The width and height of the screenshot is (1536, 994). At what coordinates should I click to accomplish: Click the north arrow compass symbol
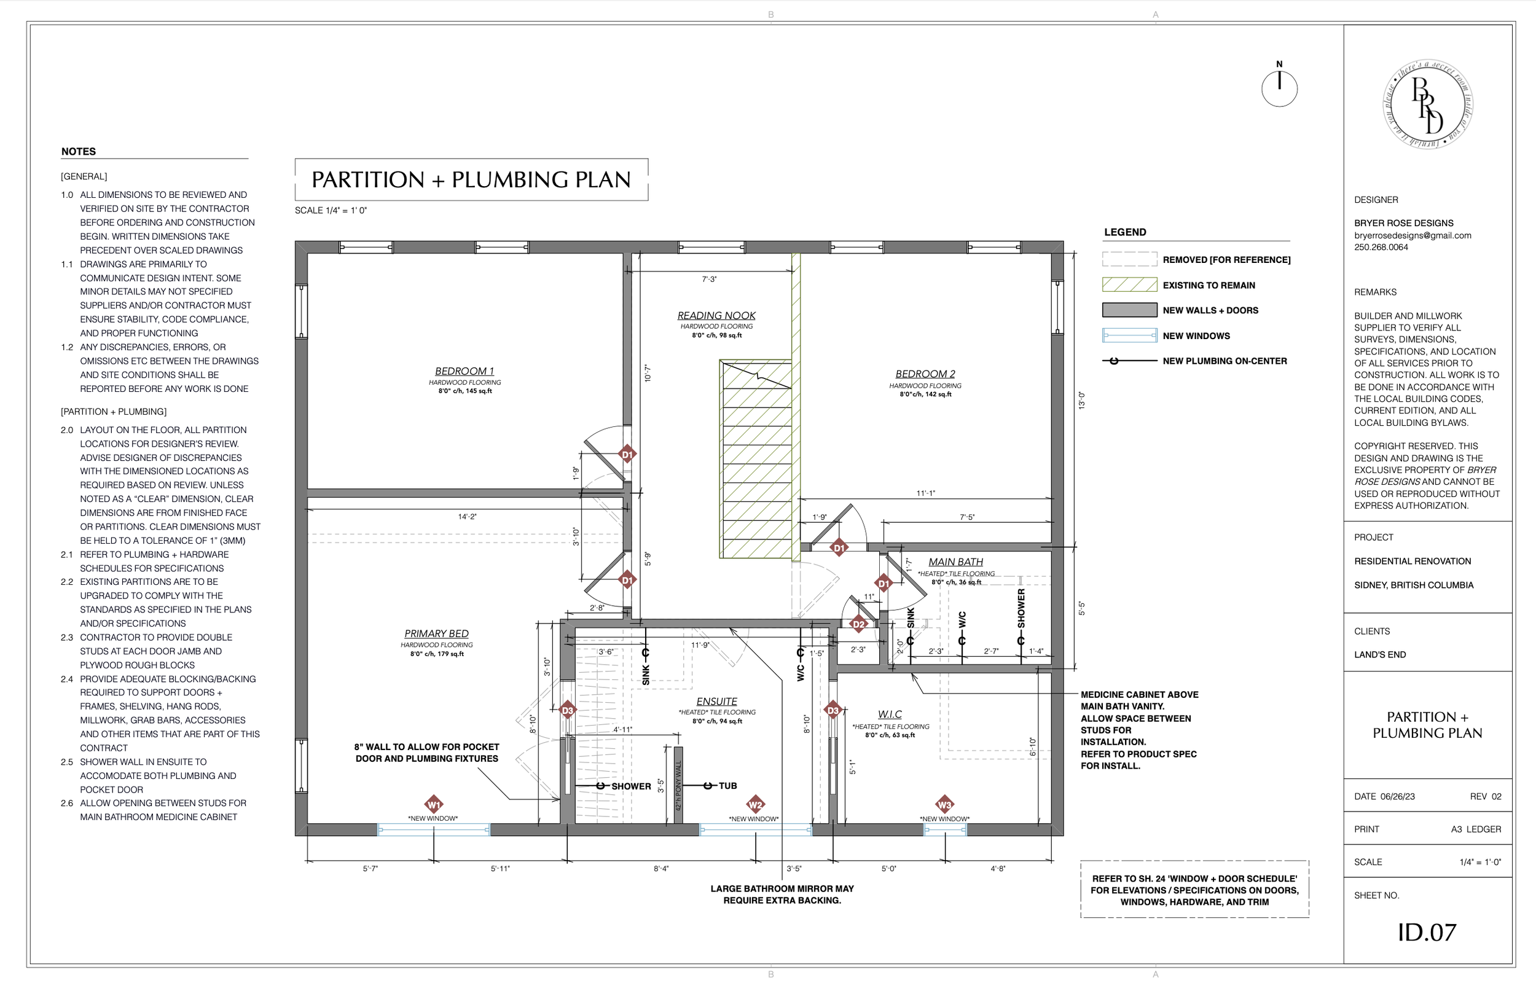[1279, 88]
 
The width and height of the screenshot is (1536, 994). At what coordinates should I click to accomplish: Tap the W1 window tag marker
[434, 804]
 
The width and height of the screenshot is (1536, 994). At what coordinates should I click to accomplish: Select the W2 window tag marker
[755, 804]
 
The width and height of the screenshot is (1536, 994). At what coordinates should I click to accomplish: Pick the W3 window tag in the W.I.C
[944, 804]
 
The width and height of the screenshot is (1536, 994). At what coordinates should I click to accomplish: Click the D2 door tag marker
[858, 624]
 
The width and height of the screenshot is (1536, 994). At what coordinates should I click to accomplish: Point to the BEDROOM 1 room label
[464, 371]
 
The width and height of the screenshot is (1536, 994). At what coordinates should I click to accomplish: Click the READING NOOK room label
[716, 316]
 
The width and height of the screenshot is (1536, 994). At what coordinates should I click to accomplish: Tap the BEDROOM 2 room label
[925, 374]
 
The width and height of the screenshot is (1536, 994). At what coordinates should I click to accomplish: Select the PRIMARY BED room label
[436, 634]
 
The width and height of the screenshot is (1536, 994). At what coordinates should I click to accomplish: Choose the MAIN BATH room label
[956, 562]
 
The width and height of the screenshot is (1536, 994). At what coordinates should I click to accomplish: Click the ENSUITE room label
[716, 702]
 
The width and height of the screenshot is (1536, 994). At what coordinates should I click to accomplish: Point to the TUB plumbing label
[727, 786]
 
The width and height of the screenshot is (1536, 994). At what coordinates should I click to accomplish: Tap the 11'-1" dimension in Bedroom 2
[925, 493]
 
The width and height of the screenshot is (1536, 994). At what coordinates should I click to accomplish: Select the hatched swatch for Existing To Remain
[1129, 284]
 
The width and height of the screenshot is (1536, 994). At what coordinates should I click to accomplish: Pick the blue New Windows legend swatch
[1129, 335]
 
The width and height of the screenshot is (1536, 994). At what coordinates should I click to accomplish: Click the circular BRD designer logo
[1428, 104]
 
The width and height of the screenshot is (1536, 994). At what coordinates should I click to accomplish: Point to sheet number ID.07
[1427, 932]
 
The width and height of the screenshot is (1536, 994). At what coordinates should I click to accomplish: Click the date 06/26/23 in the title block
[1397, 797]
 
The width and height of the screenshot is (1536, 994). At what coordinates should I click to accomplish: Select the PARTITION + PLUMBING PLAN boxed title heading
[471, 179]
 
